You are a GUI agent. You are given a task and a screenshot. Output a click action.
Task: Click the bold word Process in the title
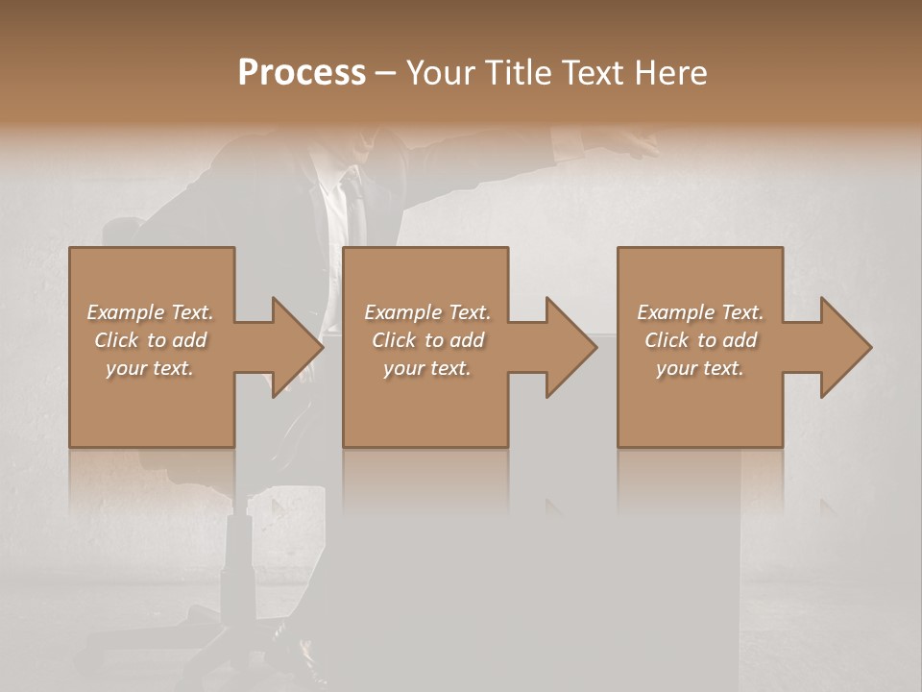click(x=302, y=73)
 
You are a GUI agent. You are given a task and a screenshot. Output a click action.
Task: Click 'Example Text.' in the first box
click(x=150, y=312)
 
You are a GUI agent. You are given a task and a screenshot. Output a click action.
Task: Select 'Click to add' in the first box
click(x=150, y=340)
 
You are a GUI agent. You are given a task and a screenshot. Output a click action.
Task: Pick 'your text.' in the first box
click(x=150, y=368)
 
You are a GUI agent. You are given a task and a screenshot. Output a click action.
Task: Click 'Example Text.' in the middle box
click(x=427, y=312)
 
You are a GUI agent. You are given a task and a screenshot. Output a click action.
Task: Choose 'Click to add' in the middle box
click(x=427, y=340)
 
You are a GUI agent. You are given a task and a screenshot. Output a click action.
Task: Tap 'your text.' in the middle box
click(x=427, y=368)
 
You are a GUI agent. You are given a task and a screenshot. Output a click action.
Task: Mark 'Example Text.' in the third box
click(x=700, y=312)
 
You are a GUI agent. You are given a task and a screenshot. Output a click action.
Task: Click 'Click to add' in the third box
click(x=700, y=340)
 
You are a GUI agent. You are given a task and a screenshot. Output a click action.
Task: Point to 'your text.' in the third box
click(x=700, y=368)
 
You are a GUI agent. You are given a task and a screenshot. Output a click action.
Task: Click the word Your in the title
click(x=439, y=73)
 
